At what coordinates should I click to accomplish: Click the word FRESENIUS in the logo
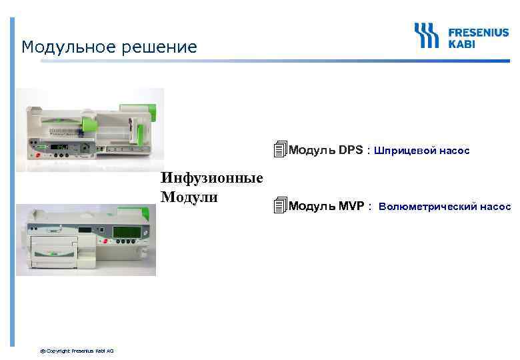477,31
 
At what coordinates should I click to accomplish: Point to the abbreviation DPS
351,150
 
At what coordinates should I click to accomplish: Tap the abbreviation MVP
351,206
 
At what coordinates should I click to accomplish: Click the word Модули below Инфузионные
189,197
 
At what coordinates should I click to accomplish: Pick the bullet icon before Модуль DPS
280,150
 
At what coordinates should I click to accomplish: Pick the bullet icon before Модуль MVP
280,206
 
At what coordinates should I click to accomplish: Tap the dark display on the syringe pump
61,146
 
